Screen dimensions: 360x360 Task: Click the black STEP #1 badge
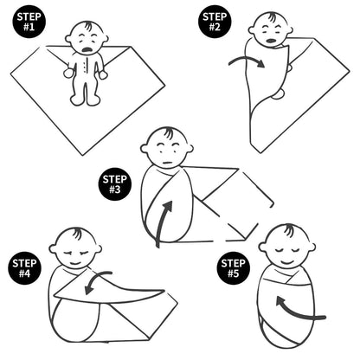(29, 22)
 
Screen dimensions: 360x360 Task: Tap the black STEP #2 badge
(215, 22)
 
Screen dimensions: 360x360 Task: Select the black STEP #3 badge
(115, 184)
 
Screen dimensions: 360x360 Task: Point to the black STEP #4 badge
(24, 268)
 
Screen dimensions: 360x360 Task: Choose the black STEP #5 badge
(234, 268)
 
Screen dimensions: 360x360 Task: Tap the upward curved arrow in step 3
(162, 222)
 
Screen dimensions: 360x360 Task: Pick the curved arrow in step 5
(297, 311)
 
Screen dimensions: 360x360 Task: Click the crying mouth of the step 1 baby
(87, 50)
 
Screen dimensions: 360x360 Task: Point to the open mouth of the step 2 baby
(270, 41)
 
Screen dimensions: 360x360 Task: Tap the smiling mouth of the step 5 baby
(286, 262)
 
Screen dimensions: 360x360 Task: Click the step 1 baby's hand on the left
(68, 73)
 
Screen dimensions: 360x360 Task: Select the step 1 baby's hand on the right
(103, 74)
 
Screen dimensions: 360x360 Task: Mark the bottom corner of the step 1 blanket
(83, 155)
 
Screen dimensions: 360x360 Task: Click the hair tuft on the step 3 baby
(167, 133)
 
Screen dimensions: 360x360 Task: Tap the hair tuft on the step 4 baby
(77, 233)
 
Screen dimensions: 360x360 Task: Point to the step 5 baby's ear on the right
(312, 247)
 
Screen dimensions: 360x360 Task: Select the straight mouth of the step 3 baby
(167, 164)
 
